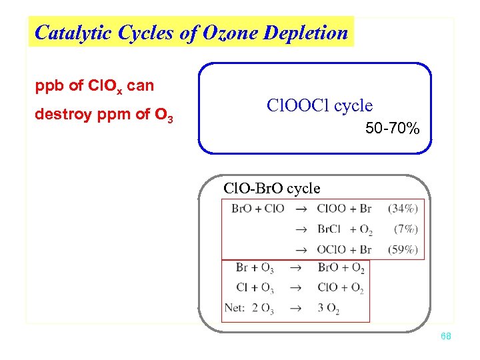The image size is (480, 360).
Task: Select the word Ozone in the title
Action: (223, 33)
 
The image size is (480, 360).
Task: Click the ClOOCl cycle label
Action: (319, 105)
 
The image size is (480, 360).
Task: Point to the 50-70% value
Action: (393, 128)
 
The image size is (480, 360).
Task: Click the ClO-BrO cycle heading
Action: (272, 188)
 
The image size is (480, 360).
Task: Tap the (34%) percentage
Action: (402, 209)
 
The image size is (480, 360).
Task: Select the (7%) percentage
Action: (405, 229)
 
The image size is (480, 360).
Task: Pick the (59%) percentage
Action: (402, 249)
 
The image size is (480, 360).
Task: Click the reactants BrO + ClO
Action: (257, 209)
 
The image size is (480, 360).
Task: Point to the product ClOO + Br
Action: (344, 209)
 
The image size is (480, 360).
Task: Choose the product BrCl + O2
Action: (344, 230)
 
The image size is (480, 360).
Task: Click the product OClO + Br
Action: (344, 249)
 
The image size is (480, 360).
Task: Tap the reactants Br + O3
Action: (254, 269)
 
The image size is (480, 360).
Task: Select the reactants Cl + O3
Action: (254, 288)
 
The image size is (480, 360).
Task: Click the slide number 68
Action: (446, 337)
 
